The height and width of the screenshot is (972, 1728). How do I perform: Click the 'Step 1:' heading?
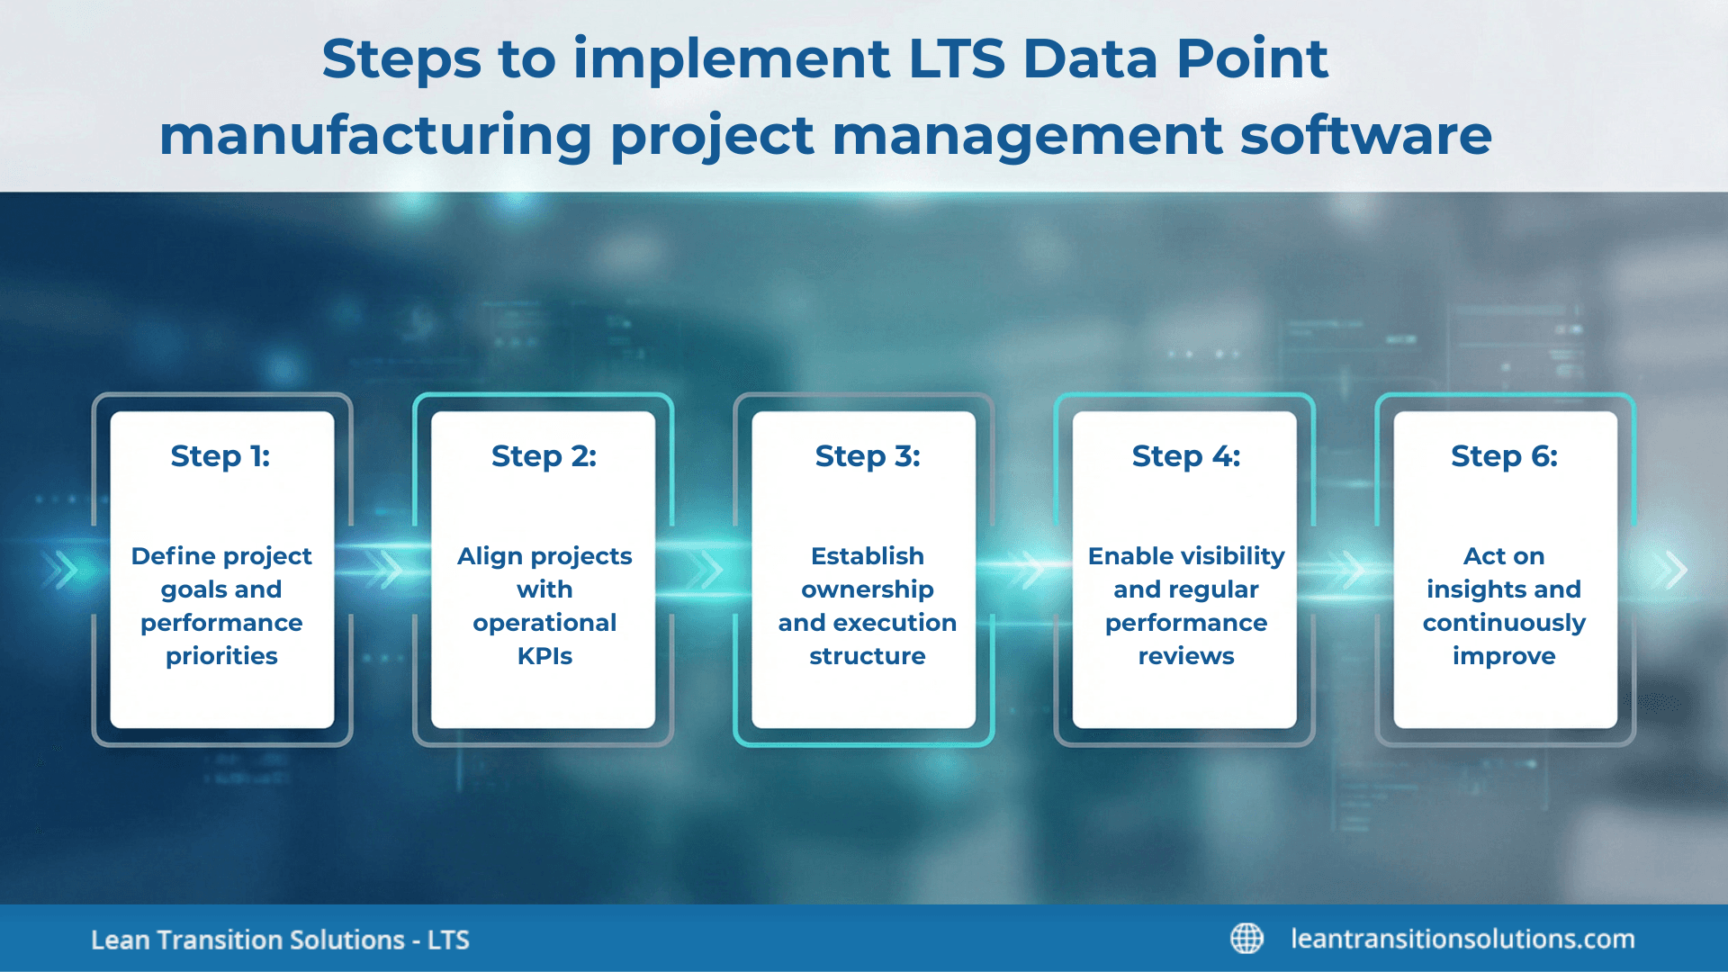click(x=220, y=456)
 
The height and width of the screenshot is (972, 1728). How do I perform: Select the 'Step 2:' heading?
click(x=544, y=456)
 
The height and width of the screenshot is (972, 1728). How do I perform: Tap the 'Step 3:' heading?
click(x=868, y=456)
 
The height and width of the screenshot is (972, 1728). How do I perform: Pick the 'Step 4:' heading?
click(x=1185, y=456)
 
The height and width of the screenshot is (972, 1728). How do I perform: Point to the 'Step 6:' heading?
click(x=1504, y=456)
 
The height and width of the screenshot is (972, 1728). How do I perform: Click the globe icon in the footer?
click(x=1246, y=939)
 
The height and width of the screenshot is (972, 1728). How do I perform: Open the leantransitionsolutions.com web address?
click(x=1462, y=939)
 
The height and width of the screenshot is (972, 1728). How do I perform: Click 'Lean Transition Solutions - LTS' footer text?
click(x=280, y=940)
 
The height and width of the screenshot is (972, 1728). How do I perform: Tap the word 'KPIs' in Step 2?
click(x=544, y=656)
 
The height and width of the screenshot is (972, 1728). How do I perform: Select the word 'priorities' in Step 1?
click(x=221, y=656)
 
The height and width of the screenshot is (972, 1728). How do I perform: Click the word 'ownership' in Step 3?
click(x=868, y=589)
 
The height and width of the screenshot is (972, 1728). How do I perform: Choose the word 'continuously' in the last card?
click(x=1504, y=623)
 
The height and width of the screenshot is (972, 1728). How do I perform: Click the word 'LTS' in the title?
click(x=956, y=59)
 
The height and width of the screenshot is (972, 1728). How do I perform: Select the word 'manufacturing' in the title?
click(x=375, y=136)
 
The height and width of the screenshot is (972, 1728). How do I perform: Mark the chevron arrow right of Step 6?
click(x=1675, y=570)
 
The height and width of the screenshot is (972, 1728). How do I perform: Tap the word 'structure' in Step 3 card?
click(x=868, y=656)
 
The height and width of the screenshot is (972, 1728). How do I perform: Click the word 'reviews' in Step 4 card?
click(x=1185, y=656)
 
